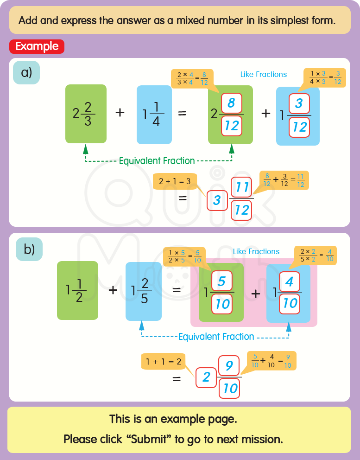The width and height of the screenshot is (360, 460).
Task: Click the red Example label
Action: pyautogui.click(x=37, y=46)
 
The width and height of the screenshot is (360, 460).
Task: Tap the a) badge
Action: pyautogui.click(x=26, y=72)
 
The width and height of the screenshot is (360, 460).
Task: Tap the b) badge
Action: pyautogui.click(x=29, y=249)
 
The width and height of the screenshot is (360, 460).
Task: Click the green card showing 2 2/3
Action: pyautogui.click(x=86, y=114)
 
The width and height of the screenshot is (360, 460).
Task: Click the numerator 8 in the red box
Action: pyautogui.click(x=232, y=103)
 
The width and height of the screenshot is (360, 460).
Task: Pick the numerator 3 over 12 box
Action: pyautogui.click(x=299, y=103)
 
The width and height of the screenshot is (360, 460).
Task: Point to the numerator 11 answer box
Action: pyautogui.click(x=241, y=188)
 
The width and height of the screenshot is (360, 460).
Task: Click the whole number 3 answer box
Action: pyautogui.click(x=217, y=200)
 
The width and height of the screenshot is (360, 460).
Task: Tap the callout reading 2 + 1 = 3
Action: pyautogui.click(x=175, y=181)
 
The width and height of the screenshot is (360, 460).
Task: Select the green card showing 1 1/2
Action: pyautogui.click(x=77, y=290)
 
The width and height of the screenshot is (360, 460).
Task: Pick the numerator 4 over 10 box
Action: pyautogui.click(x=290, y=281)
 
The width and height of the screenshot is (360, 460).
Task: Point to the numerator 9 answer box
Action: pyautogui.click(x=229, y=366)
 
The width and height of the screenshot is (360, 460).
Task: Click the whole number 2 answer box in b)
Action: pyautogui.click(x=206, y=377)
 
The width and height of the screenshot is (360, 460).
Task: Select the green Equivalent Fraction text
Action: pyautogui.click(x=157, y=161)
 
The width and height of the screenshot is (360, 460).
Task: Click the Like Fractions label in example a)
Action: pyautogui.click(x=263, y=74)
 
